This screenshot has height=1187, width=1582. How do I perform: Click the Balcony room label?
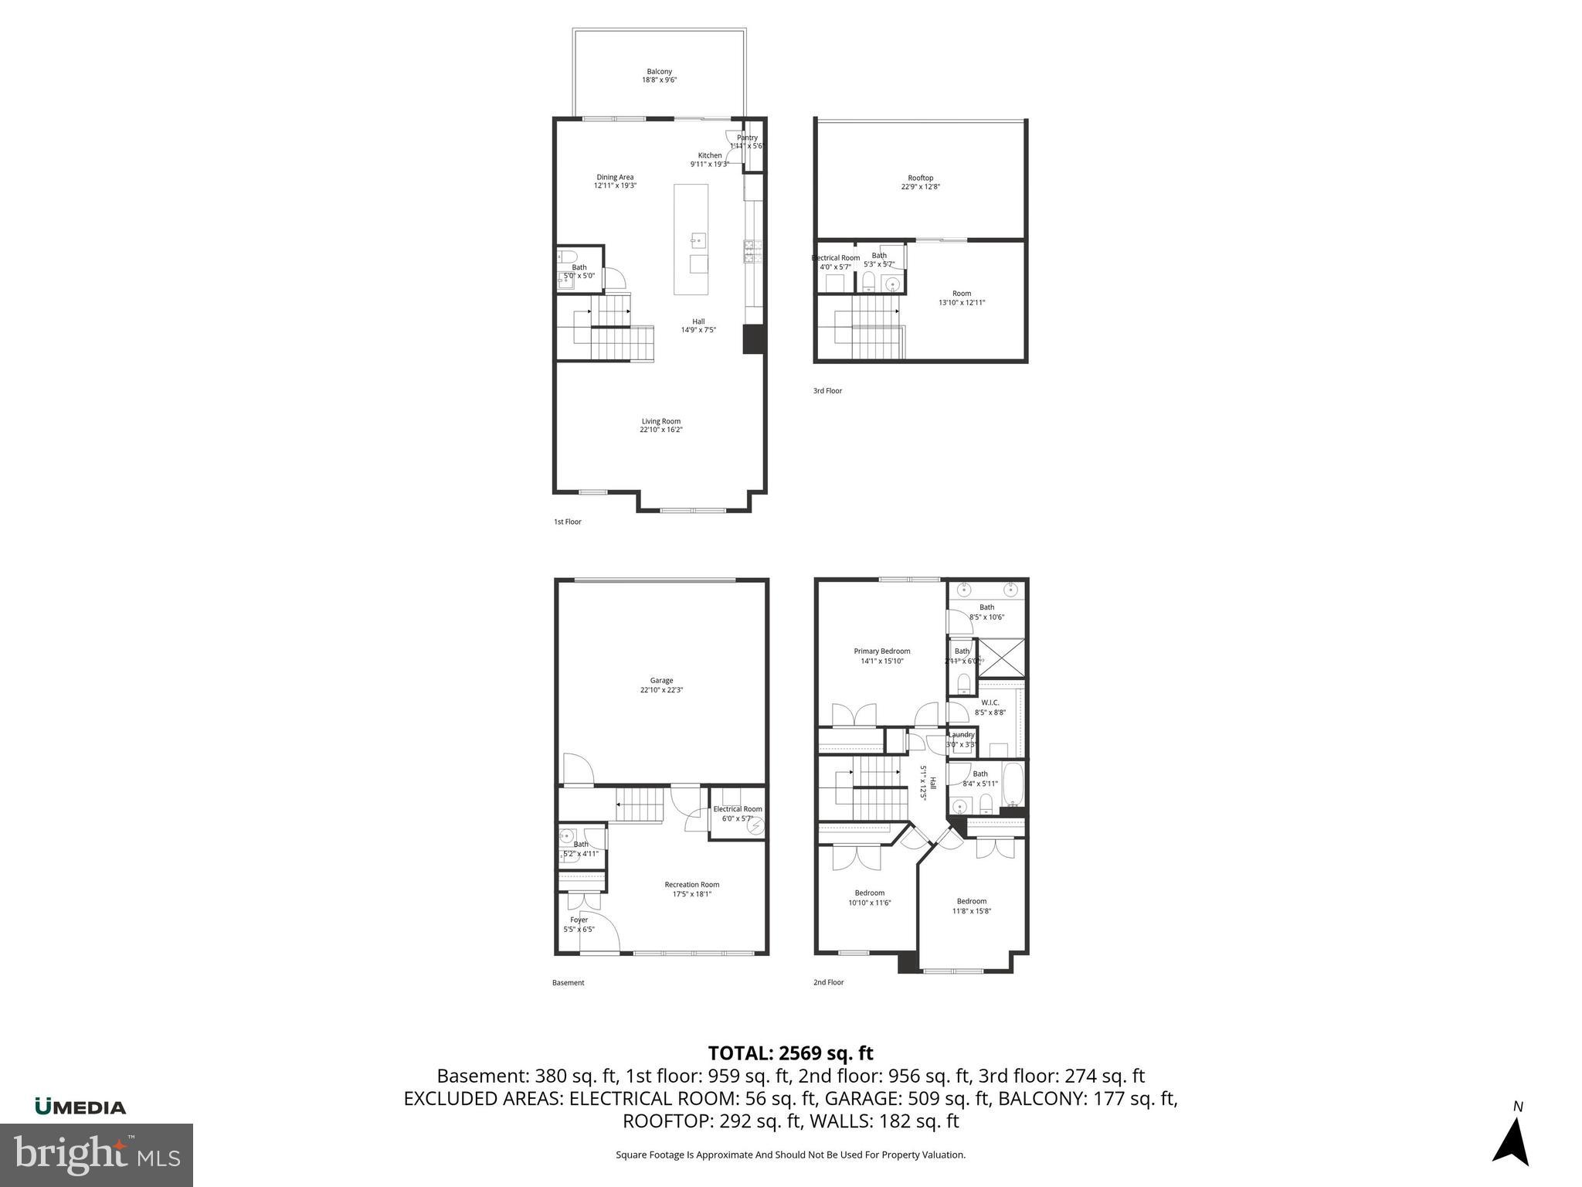pos(659,76)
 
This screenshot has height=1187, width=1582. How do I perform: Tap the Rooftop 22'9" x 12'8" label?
pos(920,182)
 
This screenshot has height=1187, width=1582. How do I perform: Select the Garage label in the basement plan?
pos(661,685)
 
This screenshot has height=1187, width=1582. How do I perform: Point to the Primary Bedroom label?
pos(881,656)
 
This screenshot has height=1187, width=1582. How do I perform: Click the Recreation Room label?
pos(691,889)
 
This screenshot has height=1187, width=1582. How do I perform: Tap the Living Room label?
pos(660,426)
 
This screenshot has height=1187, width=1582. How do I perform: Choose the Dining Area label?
pos(615,182)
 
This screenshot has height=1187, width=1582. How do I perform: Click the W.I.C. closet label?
pos(990,707)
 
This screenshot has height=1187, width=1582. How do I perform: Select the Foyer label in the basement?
pos(579,924)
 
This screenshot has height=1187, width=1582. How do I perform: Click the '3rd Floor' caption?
pos(827,391)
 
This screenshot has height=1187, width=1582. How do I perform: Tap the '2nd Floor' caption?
pos(828,982)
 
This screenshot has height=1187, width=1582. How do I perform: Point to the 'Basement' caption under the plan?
pos(568,983)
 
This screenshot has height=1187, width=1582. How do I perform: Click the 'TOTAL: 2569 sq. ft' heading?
pos(790,1053)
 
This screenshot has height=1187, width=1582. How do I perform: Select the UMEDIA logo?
pos(80,1107)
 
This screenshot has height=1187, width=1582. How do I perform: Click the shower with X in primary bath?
pos(1001,658)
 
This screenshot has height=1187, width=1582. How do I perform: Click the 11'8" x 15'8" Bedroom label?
pos(971,906)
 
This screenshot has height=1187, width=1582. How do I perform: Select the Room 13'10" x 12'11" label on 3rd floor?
pos(961,298)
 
